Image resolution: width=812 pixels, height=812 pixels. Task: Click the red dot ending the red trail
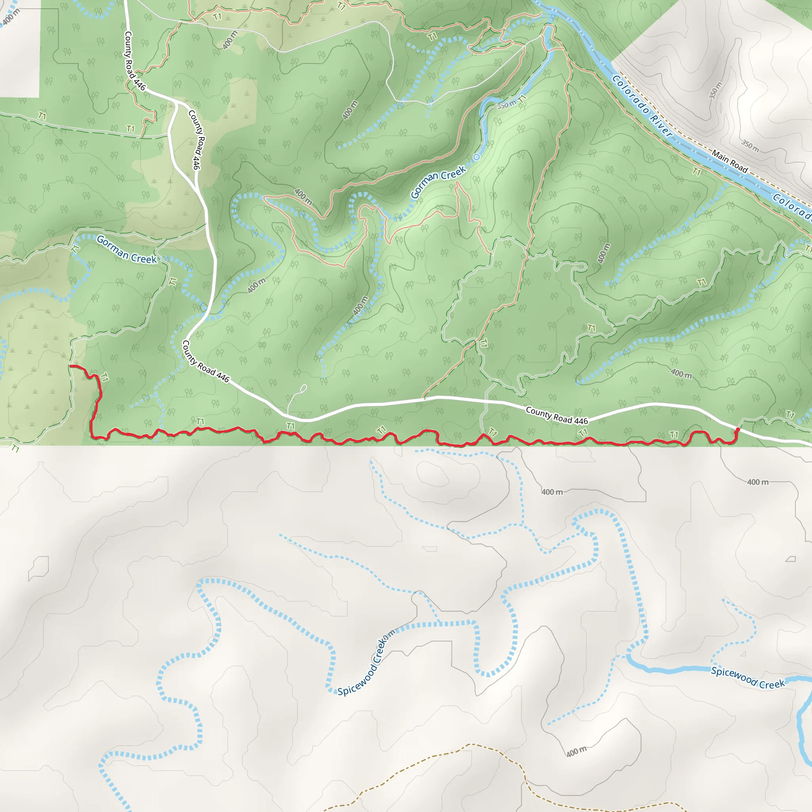[x=737, y=429]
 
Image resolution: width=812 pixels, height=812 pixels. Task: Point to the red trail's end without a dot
[x=70, y=366]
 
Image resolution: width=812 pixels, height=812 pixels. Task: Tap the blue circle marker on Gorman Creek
[x=476, y=157]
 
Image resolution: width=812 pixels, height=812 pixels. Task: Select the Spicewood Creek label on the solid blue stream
[x=748, y=677]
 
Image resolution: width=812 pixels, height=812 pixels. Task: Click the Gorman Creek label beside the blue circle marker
[x=438, y=182]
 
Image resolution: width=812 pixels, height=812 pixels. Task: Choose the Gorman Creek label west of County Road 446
[x=126, y=250]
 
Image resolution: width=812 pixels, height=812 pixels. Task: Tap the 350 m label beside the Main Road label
[x=750, y=146]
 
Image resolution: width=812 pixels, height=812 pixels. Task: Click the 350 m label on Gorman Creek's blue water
[x=506, y=104]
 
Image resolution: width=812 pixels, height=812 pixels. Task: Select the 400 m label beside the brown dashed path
[x=576, y=751]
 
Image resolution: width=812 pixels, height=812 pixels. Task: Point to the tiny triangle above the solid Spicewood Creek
[x=743, y=653]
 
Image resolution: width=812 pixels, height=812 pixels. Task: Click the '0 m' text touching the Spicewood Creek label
[x=389, y=635]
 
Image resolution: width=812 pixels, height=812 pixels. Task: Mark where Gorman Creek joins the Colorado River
[x=552, y=18]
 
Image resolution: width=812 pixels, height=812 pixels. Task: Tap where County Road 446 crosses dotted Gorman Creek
[x=205, y=310]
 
